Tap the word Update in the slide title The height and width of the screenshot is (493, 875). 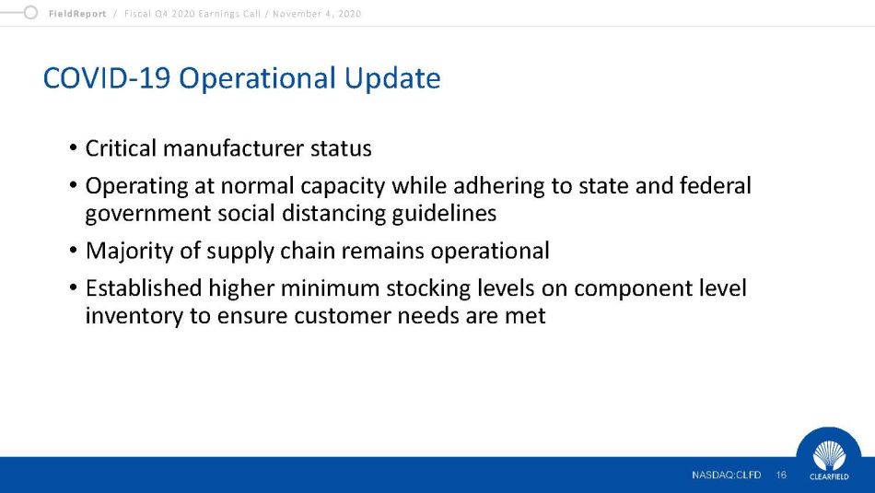coord(392,78)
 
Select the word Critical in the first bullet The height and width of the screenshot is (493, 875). coord(121,148)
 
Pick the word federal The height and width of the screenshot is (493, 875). coord(716,185)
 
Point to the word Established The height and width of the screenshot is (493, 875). coord(144,288)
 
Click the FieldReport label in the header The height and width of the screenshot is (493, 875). coord(77,14)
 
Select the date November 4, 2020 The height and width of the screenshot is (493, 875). coord(317,14)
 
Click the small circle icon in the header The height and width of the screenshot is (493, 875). coord(30,12)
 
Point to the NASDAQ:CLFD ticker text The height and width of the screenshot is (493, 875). coord(726,475)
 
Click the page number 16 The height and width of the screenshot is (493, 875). coord(781,475)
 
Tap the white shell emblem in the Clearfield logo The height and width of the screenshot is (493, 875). coord(829,455)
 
